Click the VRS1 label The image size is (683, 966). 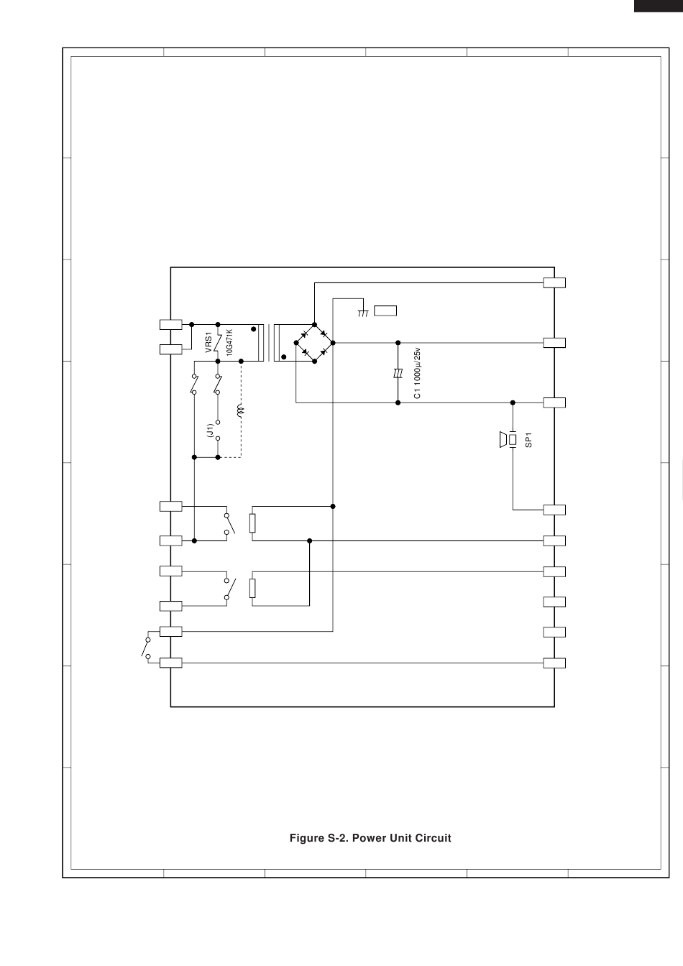point(208,342)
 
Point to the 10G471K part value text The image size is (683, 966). point(229,342)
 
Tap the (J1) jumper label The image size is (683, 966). point(210,431)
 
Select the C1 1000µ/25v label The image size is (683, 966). point(417,373)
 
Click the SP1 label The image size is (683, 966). point(528,440)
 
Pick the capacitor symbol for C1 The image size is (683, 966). point(398,373)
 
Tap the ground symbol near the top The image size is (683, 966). point(363,313)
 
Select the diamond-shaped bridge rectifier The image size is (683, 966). point(314,343)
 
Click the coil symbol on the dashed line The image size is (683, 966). point(240,411)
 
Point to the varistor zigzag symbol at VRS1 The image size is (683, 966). point(218,343)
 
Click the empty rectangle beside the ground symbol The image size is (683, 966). point(385,310)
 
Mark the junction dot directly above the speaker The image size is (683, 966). point(513,402)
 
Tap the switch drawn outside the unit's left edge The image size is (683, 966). point(146,648)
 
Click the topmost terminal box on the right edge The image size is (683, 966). point(554,283)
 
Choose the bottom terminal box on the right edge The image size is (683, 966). point(554,663)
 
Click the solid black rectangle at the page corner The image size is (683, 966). point(659,6)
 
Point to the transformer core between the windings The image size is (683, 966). point(271,343)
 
